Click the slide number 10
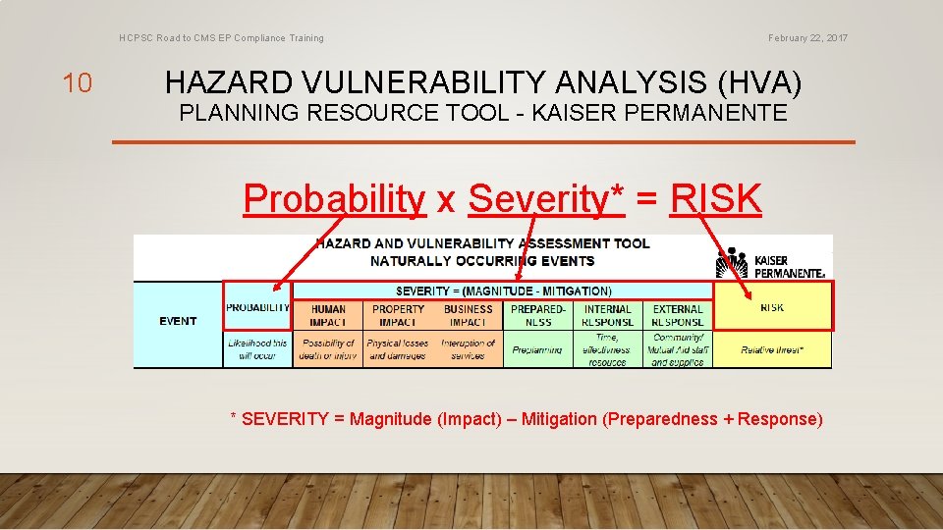(x=77, y=83)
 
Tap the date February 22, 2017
(x=808, y=38)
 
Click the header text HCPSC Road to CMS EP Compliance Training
(x=221, y=38)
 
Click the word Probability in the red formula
(x=334, y=198)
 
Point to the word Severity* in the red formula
(x=546, y=198)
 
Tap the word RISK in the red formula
(x=715, y=198)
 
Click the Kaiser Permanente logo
(x=770, y=263)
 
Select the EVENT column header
(x=178, y=321)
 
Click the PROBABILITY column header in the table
(x=257, y=307)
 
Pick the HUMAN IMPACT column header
(x=328, y=315)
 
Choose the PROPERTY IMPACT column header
(x=398, y=315)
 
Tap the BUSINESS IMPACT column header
(x=468, y=315)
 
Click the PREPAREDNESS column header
(x=538, y=315)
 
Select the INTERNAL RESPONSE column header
(x=608, y=315)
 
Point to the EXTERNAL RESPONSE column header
(x=678, y=315)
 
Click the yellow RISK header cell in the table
(x=772, y=307)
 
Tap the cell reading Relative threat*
(x=772, y=349)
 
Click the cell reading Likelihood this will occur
(x=257, y=349)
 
